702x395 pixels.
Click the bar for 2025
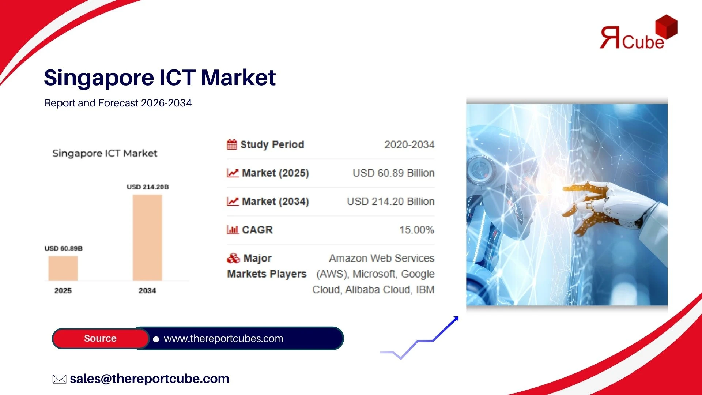[x=63, y=268]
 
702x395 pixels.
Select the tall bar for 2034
[x=147, y=238]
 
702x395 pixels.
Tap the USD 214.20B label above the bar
[x=148, y=187]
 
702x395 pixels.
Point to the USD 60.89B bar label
[x=64, y=248]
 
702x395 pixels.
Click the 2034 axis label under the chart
[x=147, y=290]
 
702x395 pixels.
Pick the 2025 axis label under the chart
[x=63, y=290]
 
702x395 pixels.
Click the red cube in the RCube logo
[x=667, y=27]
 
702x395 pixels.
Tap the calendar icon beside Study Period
[x=232, y=144]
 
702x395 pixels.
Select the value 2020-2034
[x=409, y=145]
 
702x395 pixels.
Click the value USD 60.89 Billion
[x=393, y=173]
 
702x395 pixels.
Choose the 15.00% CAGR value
[x=417, y=230]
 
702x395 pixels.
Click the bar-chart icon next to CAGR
[x=233, y=230]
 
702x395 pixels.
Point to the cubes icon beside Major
[x=233, y=258]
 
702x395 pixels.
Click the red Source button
[x=101, y=338]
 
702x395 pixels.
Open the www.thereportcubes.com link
[x=223, y=339]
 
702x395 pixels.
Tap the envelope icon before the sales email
[x=59, y=379]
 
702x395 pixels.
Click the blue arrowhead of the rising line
[x=456, y=319]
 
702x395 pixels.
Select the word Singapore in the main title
[x=99, y=78]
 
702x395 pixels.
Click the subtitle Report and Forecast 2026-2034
[x=118, y=103]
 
